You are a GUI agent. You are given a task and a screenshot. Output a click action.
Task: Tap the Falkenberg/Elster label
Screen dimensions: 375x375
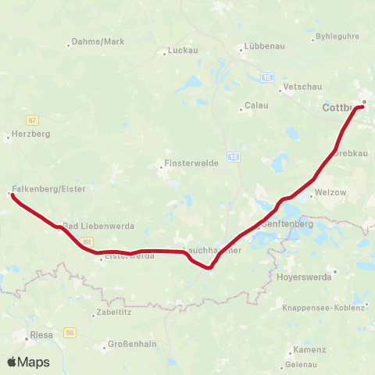point(49,189)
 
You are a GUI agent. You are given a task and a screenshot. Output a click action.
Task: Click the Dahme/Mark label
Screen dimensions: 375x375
point(98,41)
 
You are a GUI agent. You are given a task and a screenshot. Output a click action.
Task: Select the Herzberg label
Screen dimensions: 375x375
point(31,134)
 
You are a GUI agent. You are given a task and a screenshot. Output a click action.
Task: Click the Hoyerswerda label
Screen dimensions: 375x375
point(305,277)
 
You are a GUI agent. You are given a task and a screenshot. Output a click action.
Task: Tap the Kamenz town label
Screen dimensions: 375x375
point(305,350)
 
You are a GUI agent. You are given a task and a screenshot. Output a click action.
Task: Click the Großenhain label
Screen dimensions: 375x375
point(130,345)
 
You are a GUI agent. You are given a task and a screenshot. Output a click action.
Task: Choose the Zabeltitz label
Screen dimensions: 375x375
point(108,312)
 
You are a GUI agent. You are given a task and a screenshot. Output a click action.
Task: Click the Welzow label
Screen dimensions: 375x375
point(333,192)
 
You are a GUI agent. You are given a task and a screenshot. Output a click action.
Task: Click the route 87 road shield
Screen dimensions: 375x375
point(32,120)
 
